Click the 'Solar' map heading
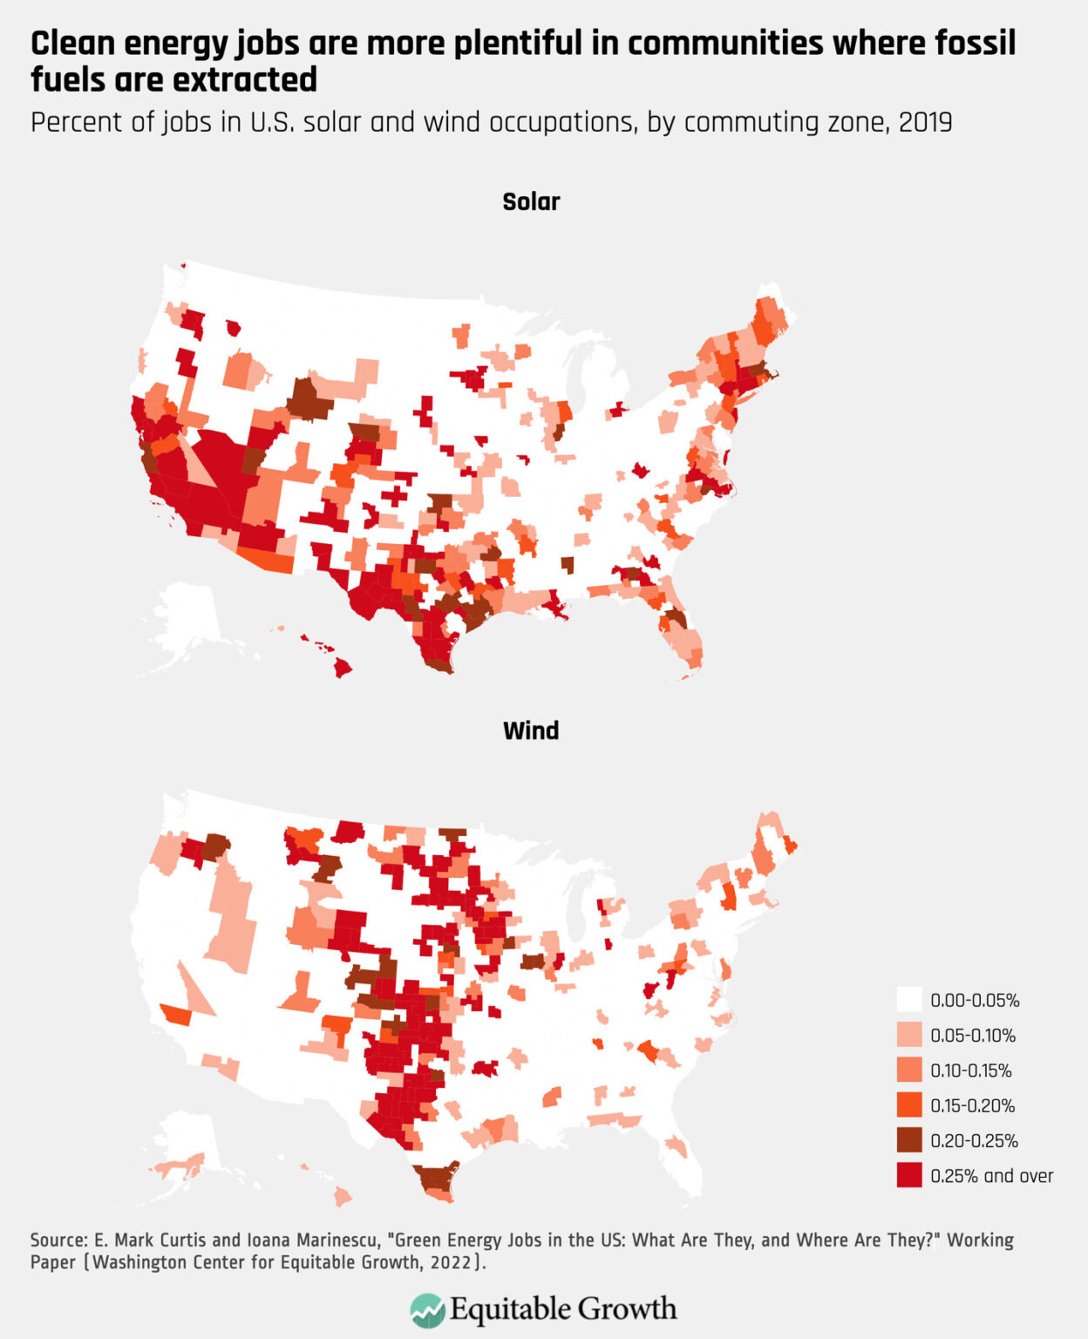click(531, 201)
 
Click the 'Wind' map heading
click(531, 731)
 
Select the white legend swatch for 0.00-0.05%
click(908, 1000)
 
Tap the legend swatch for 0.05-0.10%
click(908, 1035)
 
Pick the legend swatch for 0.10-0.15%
click(908, 1070)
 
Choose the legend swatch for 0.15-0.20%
click(908, 1105)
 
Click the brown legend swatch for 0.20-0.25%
click(908, 1140)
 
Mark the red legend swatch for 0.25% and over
click(908, 1175)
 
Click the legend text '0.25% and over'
click(991, 1176)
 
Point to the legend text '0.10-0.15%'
click(971, 1071)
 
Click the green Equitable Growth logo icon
click(426, 1309)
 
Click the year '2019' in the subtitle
click(925, 122)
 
